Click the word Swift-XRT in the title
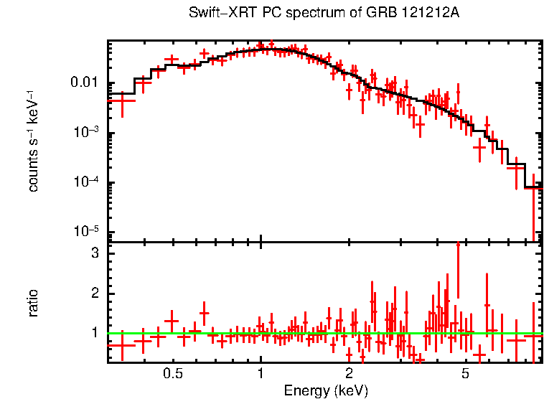click(x=217, y=14)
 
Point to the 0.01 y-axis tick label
click(x=85, y=83)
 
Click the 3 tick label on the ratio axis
click(x=94, y=254)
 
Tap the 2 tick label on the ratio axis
click(x=94, y=294)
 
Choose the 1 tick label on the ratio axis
click(x=94, y=333)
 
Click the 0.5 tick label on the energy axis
click(x=172, y=374)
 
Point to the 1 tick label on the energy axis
click(x=261, y=374)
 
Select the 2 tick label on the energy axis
click(x=349, y=374)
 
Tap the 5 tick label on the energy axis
click(x=465, y=374)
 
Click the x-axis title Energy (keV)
click(x=326, y=390)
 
